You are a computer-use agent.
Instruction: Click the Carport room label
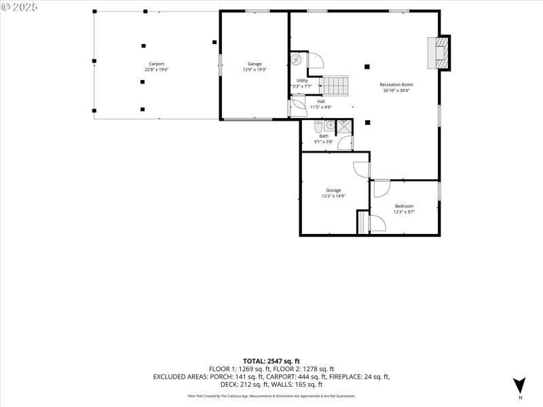(x=157, y=64)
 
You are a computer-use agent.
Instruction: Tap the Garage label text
(x=255, y=64)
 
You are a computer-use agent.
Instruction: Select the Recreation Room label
(x=398, y=85)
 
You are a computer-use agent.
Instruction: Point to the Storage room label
(x=333, y=190)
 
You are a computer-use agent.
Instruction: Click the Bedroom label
(x=404, y=206)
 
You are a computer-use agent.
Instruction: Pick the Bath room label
(x=324, y=136)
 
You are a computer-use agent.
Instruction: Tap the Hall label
(x=320, y=101)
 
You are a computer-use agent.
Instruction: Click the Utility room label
(x=302, y=81)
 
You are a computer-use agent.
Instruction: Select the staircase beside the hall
(x=335, y=86)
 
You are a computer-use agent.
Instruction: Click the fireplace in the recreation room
(x=438, y=53)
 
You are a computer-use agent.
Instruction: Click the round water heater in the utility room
(x=297, y=60)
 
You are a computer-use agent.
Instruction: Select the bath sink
(x=330, y=125)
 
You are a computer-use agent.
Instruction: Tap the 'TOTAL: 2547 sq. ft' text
(x=271, y=360)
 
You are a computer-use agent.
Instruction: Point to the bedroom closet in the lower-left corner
(x=362, y=222)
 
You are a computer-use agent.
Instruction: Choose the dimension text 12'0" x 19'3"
(x=255, y=69)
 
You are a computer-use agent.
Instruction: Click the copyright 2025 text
(x=20, y=7)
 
